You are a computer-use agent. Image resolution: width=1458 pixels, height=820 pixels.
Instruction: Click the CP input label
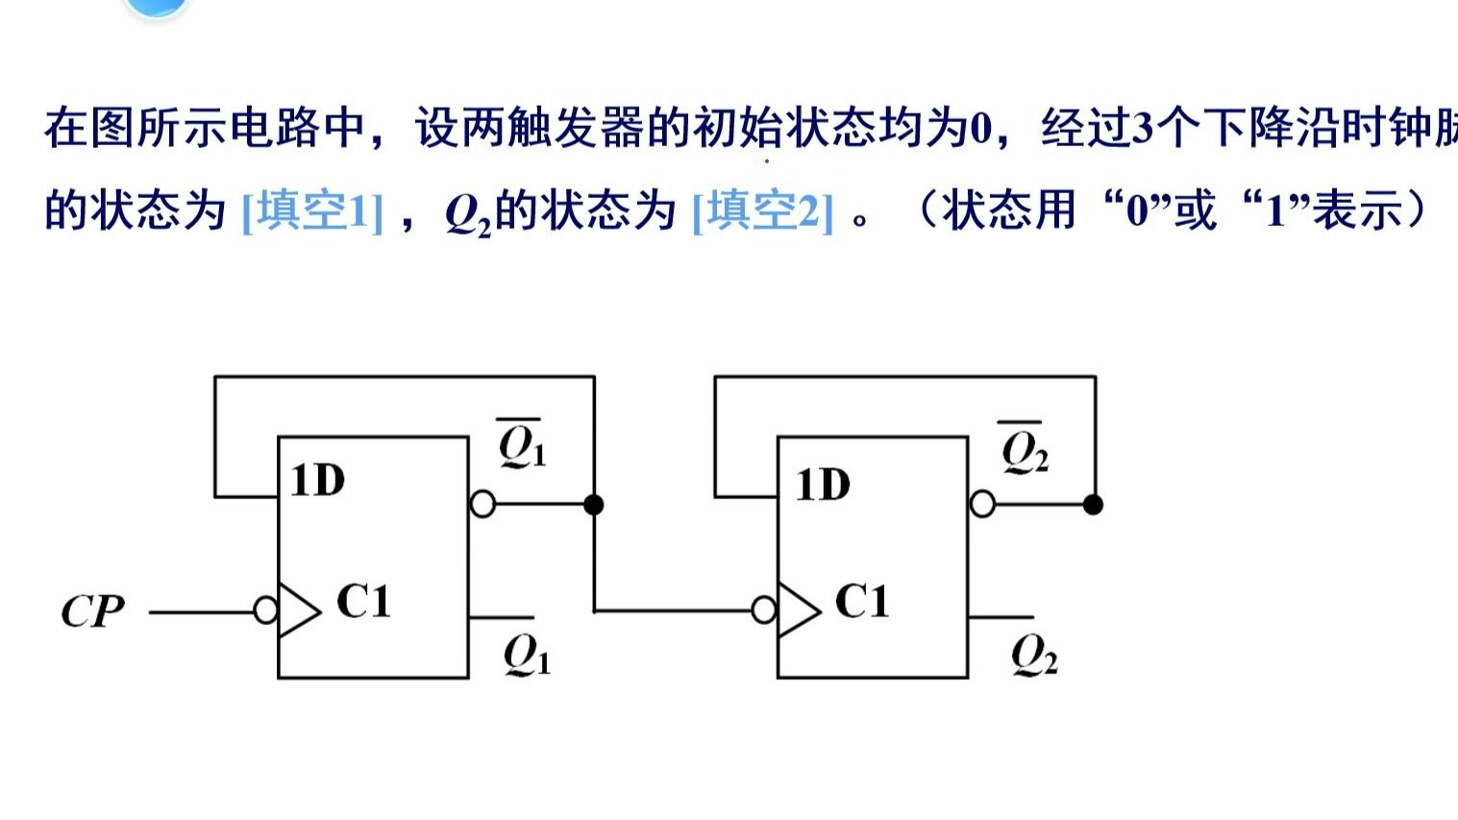coord(92,611)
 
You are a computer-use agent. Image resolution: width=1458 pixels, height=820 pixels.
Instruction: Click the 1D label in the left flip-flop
coord(317,481)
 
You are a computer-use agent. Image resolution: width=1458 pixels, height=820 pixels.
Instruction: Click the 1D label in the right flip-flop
coord(823,485)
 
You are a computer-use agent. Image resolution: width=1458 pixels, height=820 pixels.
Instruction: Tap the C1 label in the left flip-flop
coord(363,603)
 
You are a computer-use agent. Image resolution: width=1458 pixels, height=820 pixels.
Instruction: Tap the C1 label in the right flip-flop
coord(862,603)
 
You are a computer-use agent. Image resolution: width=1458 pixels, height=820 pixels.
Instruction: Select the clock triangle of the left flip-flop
coord(299,610)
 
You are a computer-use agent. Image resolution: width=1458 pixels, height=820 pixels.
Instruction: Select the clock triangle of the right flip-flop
coord(799,610)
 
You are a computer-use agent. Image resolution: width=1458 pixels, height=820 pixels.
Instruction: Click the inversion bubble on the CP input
coord(266,610)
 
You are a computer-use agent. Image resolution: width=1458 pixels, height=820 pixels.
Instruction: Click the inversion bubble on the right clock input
coord(764,610)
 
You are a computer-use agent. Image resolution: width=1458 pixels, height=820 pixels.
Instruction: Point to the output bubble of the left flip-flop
coord(482,504)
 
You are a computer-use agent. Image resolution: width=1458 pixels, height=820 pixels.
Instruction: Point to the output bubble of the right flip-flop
coord(982,504)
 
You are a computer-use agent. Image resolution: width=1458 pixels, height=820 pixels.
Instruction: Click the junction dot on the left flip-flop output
coord(594,504)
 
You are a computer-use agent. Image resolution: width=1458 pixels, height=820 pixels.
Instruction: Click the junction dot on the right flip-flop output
coord(1093,504)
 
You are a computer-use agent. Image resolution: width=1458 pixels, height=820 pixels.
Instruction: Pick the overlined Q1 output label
coord(522,444)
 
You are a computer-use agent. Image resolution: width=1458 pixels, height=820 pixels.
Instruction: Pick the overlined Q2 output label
coord(1024,448)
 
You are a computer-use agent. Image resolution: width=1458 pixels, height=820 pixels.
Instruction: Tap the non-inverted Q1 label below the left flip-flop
coord(527,657)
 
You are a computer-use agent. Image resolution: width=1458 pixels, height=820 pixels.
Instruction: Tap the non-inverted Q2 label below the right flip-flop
coord(1034,657)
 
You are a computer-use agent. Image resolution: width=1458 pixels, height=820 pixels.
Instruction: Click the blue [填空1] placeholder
coord(312,211)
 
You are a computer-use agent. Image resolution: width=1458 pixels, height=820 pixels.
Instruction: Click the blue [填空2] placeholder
coord(762,211)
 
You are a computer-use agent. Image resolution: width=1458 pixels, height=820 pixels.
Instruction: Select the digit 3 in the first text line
coord(1142,129)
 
